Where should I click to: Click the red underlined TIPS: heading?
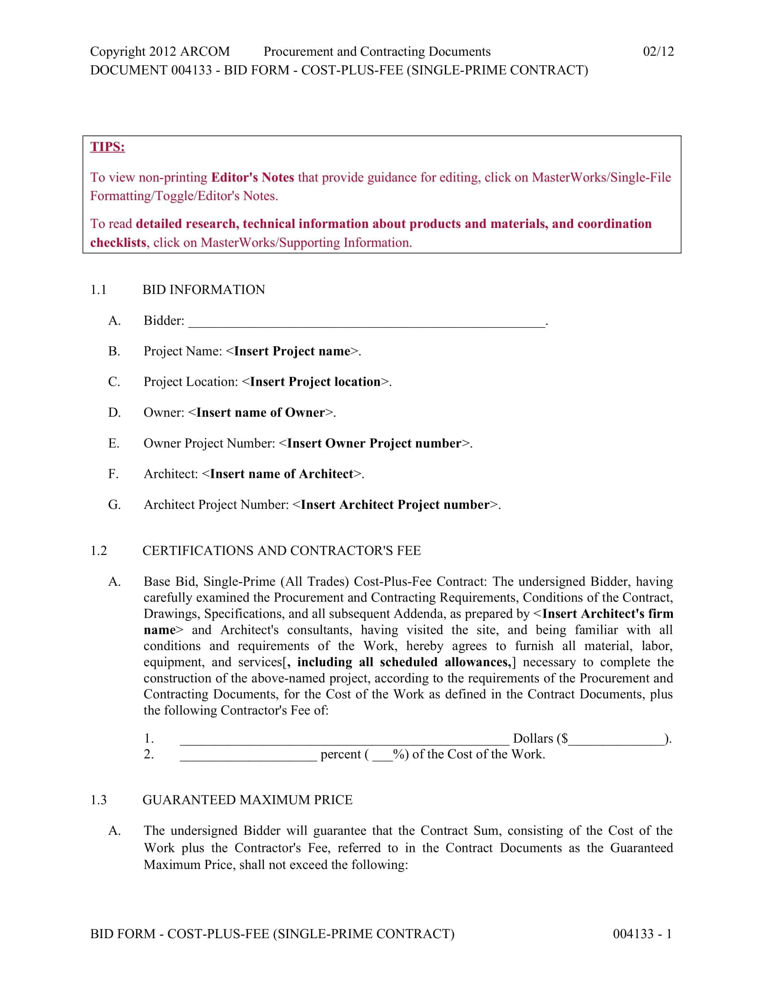point(107,147)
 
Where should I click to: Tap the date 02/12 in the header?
point(658,51)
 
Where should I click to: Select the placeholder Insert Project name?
point(293,352)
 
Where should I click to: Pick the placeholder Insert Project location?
point(315,382)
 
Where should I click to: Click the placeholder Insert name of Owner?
point(261,413)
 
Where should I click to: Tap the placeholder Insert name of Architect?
point(282,474)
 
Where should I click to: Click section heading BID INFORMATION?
point(204,290)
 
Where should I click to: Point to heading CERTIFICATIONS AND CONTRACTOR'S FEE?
point(281,551)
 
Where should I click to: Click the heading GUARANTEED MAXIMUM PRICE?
point(247,800)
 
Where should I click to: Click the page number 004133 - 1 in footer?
point(642,934)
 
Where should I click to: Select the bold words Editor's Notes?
point(253,178)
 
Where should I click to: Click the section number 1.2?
point(99,551)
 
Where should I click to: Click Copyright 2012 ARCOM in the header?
point(160,52)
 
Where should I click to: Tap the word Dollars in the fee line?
point(533,739)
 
